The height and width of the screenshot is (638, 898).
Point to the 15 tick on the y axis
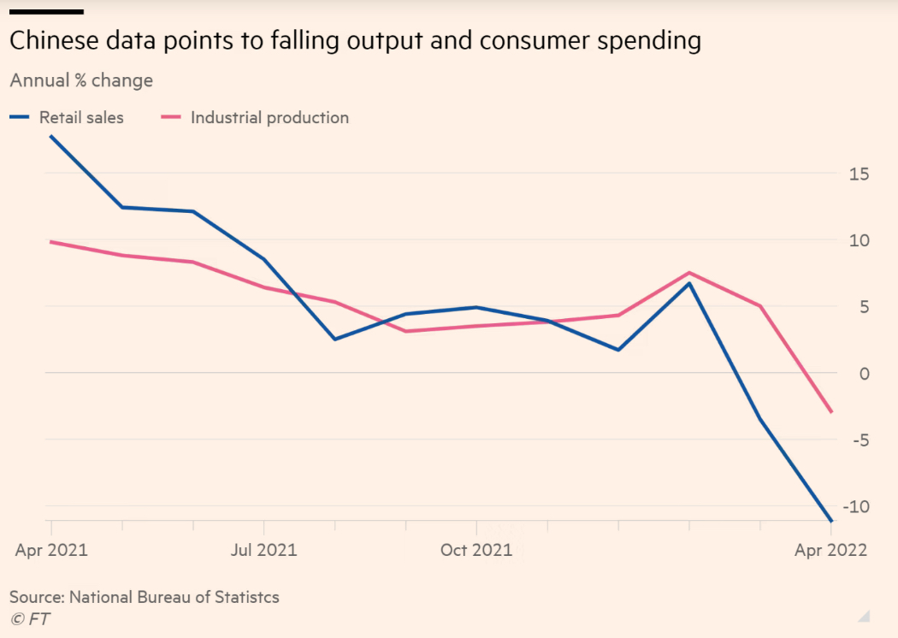860,174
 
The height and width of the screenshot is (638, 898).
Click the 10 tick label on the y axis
860,240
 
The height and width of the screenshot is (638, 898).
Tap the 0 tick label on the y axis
865,374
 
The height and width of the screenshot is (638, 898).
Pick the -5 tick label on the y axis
860,440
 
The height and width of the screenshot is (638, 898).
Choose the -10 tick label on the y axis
856,506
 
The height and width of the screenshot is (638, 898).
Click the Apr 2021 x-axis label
51,550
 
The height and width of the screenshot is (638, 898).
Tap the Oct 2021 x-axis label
476,550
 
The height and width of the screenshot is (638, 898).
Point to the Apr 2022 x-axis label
830,550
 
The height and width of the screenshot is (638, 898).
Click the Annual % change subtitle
81,80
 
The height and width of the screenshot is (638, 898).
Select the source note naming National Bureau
145,597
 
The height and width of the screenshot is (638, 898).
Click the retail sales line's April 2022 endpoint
830,520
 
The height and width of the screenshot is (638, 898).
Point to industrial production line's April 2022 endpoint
830,412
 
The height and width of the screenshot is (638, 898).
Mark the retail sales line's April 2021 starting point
51,137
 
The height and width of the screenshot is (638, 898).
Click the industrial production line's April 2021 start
51,242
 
